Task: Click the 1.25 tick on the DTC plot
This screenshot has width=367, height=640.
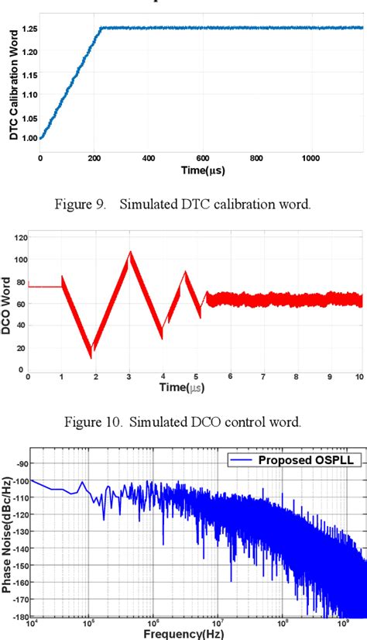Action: pyautogui.click(x=28, y=29)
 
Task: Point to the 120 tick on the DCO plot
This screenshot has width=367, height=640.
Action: pyautogui.click(x=19, y=236)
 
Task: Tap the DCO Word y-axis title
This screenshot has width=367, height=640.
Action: pyautogui.click(x=7, y=301)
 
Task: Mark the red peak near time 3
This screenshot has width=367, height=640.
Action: pyautogui.click(x=129, y=252)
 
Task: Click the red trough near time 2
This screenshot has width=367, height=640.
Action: pyautogui.click(x=91, y=356)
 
